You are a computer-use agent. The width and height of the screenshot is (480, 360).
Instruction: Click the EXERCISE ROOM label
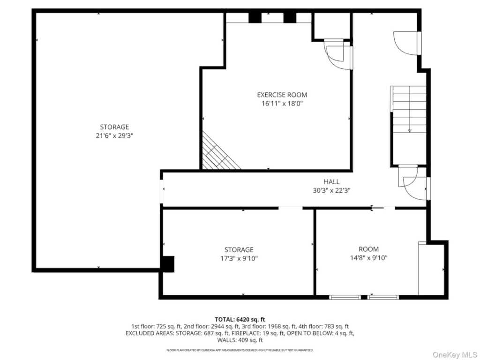pos(282,95)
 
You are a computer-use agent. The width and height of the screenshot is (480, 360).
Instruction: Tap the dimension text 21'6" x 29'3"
pos(114,135)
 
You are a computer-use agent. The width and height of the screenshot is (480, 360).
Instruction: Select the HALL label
pos(331,182)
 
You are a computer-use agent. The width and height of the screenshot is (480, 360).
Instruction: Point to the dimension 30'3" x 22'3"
pos(331,190)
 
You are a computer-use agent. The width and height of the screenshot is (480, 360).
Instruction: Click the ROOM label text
pos(368,249)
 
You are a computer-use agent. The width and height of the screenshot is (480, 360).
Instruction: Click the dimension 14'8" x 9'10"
pos(368,258)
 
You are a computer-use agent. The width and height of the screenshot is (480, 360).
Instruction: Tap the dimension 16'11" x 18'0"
pos(282,104)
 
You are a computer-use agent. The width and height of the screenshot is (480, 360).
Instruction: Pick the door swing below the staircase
pos(411,181)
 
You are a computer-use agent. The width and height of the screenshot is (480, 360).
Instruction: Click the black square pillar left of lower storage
pos(167,263)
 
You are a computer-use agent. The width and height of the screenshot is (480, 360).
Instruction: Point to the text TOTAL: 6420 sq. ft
pos(240,319)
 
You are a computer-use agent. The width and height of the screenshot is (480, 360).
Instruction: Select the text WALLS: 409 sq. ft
pos(240,340)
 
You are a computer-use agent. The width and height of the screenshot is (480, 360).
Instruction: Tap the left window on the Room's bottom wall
pos(345,297)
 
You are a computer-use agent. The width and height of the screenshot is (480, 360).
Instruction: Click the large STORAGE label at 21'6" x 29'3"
pos(114,127)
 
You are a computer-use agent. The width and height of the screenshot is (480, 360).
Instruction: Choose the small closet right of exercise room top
pos(331,26)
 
